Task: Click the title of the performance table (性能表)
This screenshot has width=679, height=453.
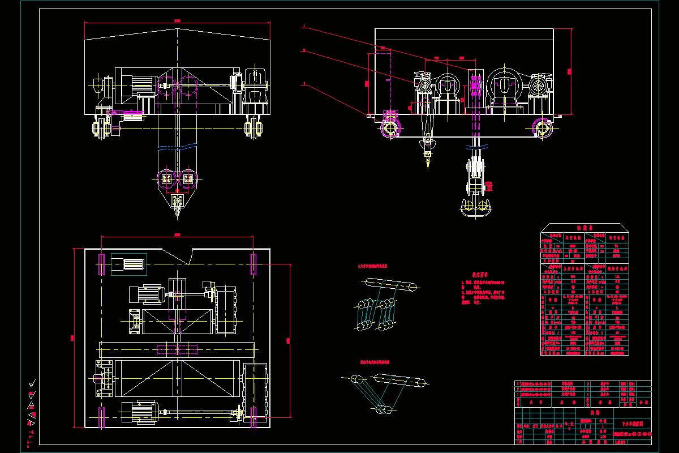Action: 583,228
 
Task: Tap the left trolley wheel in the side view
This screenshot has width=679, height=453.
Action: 390,126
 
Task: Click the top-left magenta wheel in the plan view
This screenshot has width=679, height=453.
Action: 102,264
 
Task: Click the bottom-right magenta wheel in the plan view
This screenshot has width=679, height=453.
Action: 253,416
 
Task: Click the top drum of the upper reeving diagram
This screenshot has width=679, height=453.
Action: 390,284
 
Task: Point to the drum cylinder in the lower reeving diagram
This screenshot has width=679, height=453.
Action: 399,382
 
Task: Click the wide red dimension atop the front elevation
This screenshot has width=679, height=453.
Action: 177,23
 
